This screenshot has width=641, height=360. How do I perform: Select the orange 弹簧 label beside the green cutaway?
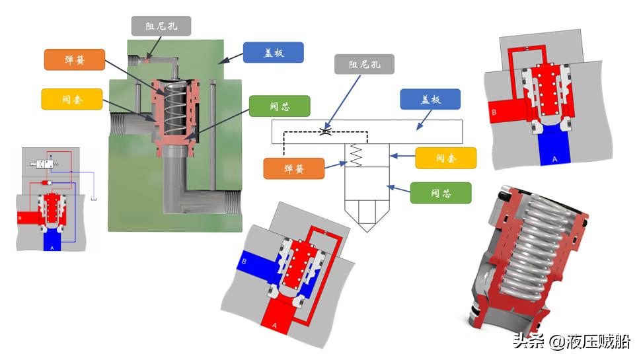(x=74, y=60)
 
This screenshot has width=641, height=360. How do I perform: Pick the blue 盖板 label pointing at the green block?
(x=273, y=53)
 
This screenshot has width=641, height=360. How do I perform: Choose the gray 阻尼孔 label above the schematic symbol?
(x=365, y=64)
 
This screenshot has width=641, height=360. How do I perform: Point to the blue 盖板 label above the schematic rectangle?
(x=430, y=99)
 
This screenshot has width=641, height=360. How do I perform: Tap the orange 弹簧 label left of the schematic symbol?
(x=294, y=168)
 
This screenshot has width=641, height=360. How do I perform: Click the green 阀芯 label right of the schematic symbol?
(x=441, y=193)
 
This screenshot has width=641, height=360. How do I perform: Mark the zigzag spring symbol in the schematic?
(x=355, y=157)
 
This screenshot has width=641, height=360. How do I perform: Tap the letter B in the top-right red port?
(x=494, y=112)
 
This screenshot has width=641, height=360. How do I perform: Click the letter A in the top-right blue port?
(x=554, y=159)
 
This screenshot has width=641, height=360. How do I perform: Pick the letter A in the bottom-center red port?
(x=274, y=324)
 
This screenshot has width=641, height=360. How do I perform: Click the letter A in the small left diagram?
(x=52, y=248)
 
